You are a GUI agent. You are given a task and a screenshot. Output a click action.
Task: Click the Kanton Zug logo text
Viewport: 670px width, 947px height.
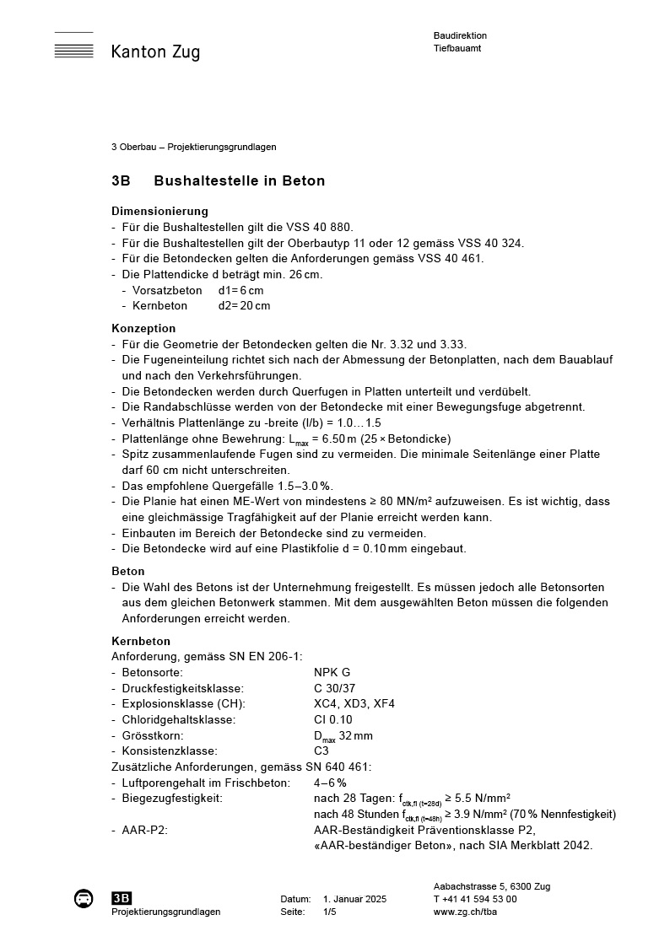tap(155, 52)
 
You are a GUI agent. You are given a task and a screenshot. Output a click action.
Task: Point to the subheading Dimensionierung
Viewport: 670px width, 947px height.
tap(159, 211)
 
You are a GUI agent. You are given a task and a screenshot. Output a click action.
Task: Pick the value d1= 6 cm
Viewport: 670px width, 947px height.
tap(240, 290)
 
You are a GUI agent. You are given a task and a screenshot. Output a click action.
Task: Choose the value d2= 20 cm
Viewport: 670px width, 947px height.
tap(244, 305)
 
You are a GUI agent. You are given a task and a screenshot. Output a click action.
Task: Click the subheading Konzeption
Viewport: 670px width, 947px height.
tap(143, 328)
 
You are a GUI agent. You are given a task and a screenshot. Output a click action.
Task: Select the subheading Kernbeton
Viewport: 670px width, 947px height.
tap(141, 641)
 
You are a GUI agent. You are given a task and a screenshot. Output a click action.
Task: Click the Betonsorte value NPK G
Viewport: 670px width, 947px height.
tap(332, 672)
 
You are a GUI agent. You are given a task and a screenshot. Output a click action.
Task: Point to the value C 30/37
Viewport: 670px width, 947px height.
tap(334, 688)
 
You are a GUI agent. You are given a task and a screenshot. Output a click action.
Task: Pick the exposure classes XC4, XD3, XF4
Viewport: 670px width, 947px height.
tap(354, 703)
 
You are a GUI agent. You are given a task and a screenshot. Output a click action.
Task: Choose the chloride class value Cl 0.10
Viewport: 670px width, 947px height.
tap(332, 719)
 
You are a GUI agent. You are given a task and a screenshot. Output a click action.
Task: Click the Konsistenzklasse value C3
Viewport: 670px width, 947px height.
tap(321, 751)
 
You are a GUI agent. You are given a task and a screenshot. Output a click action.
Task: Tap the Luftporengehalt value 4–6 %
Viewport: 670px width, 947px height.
tap(330, 783)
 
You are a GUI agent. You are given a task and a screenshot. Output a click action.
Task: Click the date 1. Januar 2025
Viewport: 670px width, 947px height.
tap(354, 899)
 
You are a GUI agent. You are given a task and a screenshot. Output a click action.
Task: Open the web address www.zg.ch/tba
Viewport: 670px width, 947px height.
tap(464, 912)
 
